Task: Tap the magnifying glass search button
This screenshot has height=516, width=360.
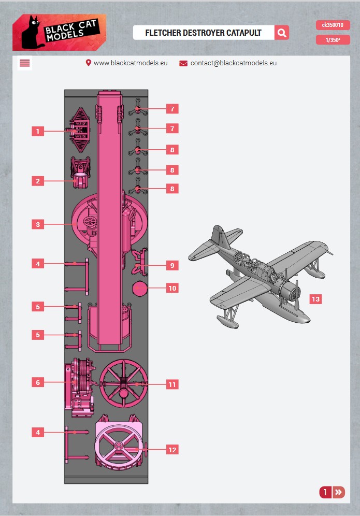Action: pos(282,33)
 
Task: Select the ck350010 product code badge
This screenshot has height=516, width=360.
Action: pos(333,25)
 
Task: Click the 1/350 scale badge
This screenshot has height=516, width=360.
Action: pos(333,40)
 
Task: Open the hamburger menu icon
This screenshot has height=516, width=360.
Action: pos(25,63)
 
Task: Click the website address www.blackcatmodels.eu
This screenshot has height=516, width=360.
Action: pos(131,63)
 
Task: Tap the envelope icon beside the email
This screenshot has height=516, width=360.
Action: pos(183,63)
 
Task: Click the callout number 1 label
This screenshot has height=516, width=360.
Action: pos(38,131)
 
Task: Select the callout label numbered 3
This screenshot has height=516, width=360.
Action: pos(38,224)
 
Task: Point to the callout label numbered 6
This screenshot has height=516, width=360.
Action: pos(38,382)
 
